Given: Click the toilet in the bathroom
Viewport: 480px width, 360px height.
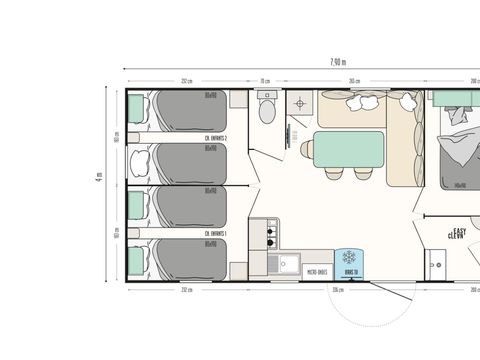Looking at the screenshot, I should pyautogui.click(x=266, y=107).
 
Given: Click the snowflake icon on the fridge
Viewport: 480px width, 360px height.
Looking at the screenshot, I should pyautogui.click(x=350, y=257).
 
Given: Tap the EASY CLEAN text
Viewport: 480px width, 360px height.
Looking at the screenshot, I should pyautogui.click(x=461, y=231).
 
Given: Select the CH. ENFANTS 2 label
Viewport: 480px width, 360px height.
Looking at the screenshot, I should pyautogui.click(x=216, y=138).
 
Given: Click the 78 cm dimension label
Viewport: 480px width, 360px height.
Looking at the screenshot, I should pyautogui.click(x=266, y=81).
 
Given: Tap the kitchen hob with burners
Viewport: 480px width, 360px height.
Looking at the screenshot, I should pyautogui.click(x=269, y=236).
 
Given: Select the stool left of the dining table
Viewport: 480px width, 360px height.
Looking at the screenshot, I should pyautogui.click(x=305, y=150).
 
